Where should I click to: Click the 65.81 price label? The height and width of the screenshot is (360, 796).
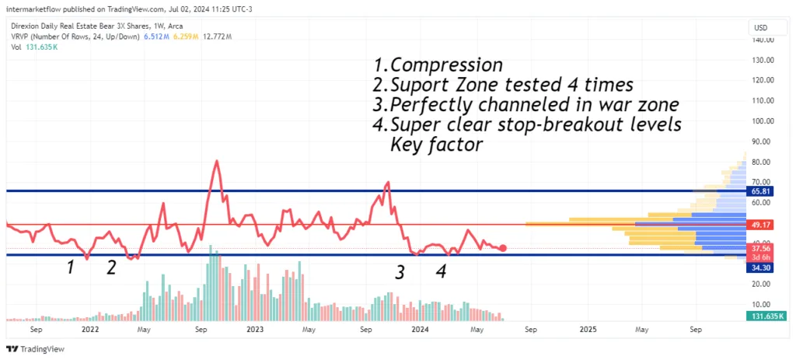pos(759,191)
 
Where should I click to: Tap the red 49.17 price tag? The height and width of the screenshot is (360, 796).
pos(759,225)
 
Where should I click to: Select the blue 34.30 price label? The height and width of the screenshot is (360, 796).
pos(759,268)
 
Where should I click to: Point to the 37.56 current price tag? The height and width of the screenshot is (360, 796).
pos(759,248)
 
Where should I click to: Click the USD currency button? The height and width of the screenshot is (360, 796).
pos(761,27)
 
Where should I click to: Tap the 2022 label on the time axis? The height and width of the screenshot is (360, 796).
pos(90,330)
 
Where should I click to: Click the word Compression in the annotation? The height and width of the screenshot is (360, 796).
pos(447,65)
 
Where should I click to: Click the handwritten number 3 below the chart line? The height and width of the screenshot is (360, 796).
pos(400,273)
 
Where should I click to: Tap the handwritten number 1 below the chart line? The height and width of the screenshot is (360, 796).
pos(72,267)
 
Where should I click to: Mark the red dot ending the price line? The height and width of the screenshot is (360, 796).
pos(503,248)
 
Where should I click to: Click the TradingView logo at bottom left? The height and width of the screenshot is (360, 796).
pos(36,349)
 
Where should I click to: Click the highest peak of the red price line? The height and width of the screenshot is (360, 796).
pos(217,161)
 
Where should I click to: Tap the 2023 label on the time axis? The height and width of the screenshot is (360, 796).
pos(255,330)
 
